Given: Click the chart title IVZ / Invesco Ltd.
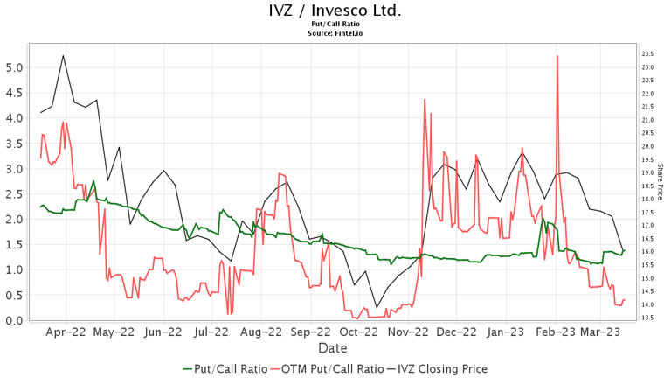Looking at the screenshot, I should tap(335, 10).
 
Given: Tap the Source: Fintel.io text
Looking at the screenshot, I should tap(335, 33).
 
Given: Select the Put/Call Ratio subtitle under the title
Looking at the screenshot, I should tap(335, 24).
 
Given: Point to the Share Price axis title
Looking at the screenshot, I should tap(661, 181).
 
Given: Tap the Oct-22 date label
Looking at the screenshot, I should tap(359, 332).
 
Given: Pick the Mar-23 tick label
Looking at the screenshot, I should tap(602, 332).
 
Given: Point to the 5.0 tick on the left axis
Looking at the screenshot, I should tap(14, 67).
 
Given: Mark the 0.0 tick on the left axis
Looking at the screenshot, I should tap(14, 320).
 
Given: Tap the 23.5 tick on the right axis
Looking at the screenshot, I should tap(647, 54).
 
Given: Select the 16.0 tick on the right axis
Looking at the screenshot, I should tap(647, 252).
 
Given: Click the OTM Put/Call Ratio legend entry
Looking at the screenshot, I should tap(332, 368).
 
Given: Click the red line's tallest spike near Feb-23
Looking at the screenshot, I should tap(557, 57).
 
